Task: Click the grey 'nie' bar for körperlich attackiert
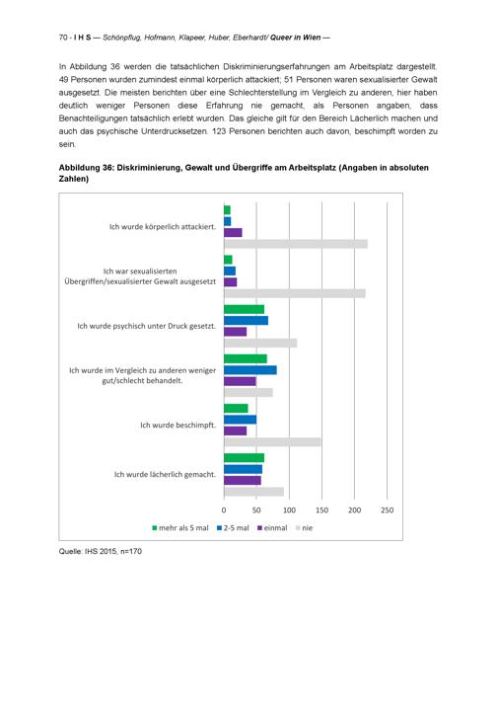pos(296,244)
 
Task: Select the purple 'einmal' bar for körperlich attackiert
pos(233,233)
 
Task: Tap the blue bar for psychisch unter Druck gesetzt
pos(246,321)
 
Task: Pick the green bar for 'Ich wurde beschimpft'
pos(236,409)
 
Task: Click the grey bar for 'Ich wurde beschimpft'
pos(272,442)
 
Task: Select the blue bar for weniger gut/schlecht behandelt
pos(250,370)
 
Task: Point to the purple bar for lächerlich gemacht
pos(243,480)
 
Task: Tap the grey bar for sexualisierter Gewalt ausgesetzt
pos(295,293)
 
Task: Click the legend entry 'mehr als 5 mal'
pos(180,528)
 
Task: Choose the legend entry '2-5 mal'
pos(233,528)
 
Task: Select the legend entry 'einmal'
pos(272,528)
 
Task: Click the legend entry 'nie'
pos(304,528)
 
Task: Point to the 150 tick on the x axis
pos(321,510)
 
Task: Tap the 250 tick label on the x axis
pos(388,510)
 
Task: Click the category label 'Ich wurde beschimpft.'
pos(177,425)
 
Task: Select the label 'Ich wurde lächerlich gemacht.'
pos(165,474)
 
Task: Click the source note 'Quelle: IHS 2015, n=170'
pos(101,552)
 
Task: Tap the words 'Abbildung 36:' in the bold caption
pos(86,168)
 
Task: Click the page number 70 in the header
pos(63,38)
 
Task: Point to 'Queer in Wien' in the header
pos(296,38)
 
